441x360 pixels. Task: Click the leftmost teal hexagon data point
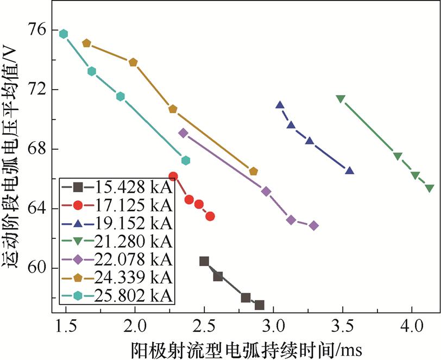click(64, 34)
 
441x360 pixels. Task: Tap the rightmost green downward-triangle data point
click(430, 188)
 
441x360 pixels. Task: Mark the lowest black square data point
click(260, 305)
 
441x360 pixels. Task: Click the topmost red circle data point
click(173, 176)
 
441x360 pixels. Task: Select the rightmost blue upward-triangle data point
click(349, 170)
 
